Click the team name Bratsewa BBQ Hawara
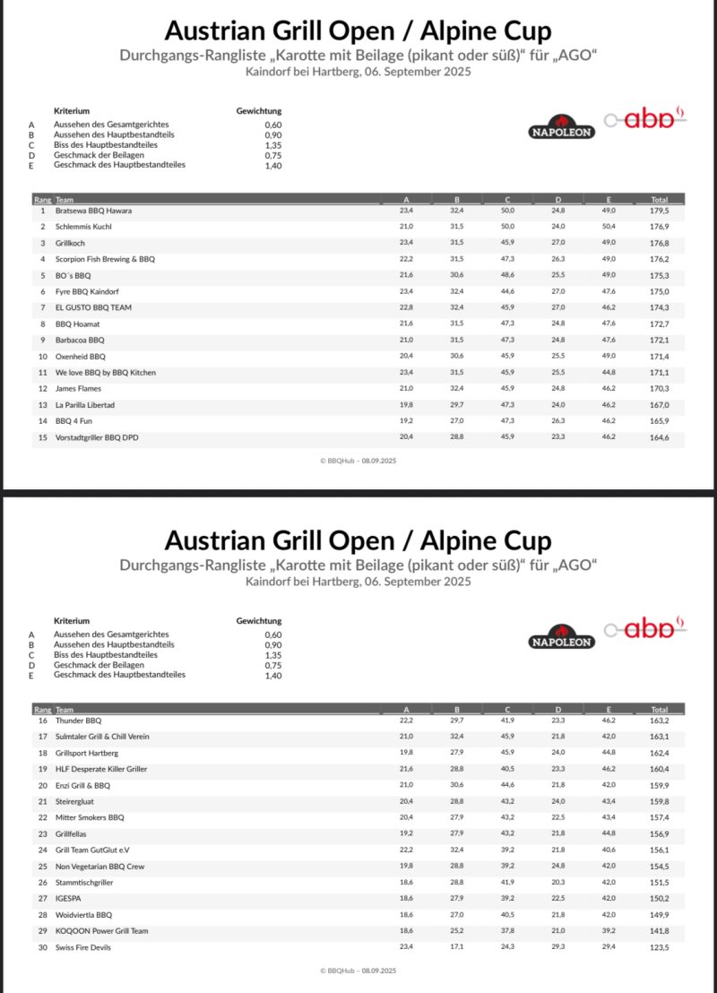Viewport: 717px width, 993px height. point(93,211)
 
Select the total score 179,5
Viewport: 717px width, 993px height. point(660,211)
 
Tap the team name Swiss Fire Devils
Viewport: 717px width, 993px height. point(83,947)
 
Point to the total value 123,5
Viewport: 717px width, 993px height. point(660,947)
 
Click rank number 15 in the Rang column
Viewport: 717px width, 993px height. point(42,437)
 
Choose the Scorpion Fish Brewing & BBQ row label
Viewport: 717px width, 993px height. point(105,259)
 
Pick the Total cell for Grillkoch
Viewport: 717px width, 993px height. point(660,243)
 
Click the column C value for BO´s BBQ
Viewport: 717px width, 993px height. point(507,275)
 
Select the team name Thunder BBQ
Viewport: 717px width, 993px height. point(79,721)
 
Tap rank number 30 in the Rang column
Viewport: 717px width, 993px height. point(42,947)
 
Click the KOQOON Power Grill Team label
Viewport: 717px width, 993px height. point(102,931)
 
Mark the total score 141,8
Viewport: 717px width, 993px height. point(660,931)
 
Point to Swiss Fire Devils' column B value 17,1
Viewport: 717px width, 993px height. point(456,947)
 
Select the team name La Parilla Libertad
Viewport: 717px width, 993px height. point(85,405)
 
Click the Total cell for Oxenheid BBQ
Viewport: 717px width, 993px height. point(660,357)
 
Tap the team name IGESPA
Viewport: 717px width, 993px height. point(68,899)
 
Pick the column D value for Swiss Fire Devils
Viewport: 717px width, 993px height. point(557,947)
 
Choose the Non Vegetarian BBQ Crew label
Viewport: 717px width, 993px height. point(99,867)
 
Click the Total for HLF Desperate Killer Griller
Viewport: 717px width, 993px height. point(660,769)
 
